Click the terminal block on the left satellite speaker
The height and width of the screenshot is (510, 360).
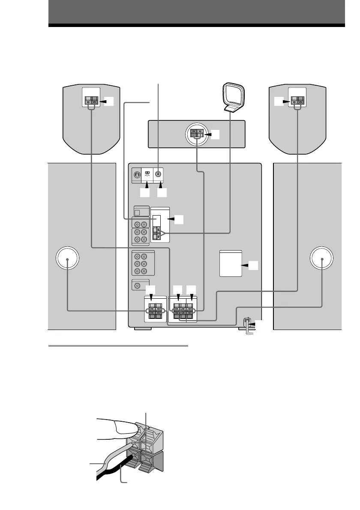point(91,102)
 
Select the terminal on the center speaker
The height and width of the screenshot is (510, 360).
point(197,134)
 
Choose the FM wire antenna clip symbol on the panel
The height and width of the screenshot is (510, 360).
point(147,174)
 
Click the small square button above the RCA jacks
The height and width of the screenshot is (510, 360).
point(137,212)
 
